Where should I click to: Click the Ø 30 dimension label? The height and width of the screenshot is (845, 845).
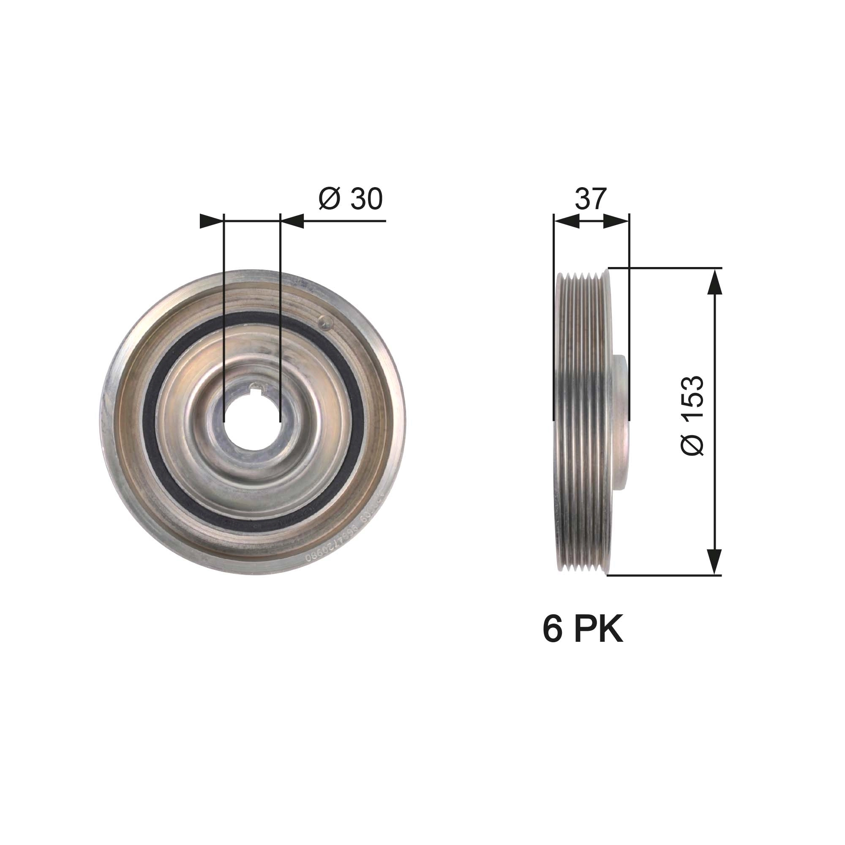point(351,199)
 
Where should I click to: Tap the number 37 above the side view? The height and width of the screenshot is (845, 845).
point(591,199)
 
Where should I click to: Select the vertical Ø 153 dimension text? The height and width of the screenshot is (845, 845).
point(693,415)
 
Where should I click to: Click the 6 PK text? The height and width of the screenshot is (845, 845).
point(583,630)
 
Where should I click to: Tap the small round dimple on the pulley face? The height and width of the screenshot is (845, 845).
point(323,322)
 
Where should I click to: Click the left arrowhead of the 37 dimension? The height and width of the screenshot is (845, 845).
point(566,221)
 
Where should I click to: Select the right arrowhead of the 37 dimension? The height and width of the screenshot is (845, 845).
point(617,221)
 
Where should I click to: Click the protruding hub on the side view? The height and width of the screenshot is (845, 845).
point(621,422)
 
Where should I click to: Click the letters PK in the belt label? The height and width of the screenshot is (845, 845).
point(598,630)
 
